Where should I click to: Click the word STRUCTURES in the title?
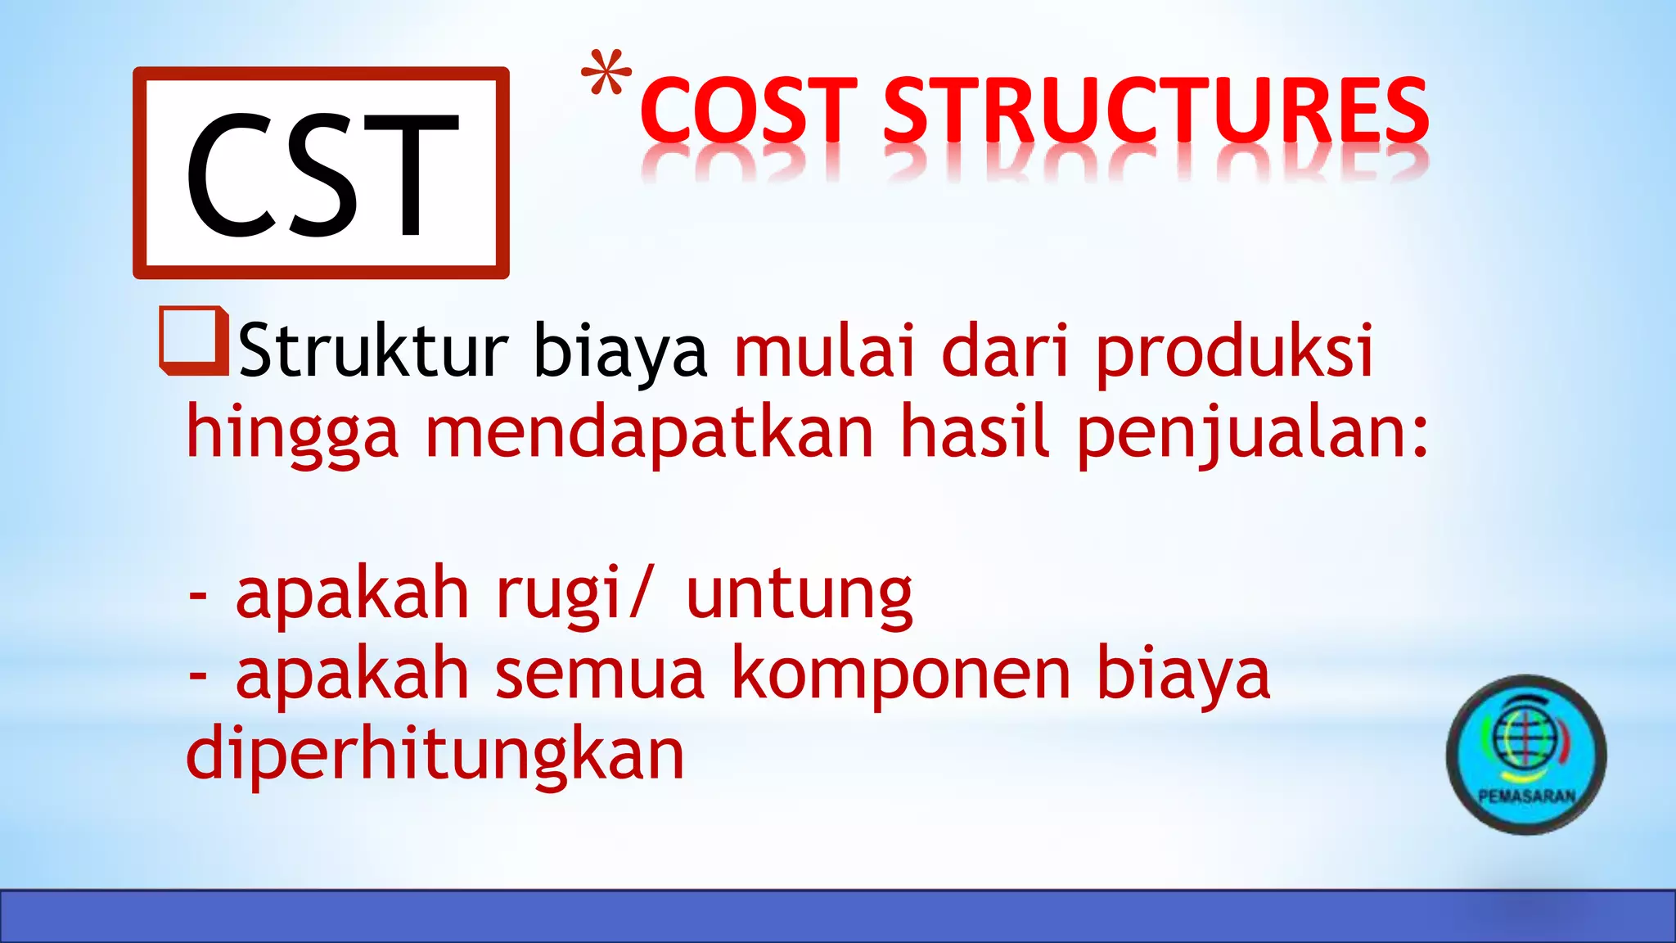pos(1156,110)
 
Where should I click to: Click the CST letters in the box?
pos(321,174)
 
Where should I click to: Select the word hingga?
pos(292,435)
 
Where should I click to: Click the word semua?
pos(599,675)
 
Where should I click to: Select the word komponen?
pos(900,676)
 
